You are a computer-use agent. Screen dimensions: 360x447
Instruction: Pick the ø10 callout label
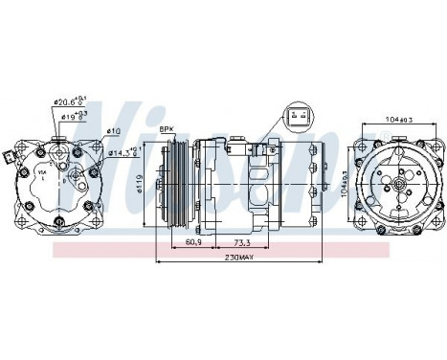tap(112, 131)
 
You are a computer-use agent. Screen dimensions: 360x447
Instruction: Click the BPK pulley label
tap(167, 128)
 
